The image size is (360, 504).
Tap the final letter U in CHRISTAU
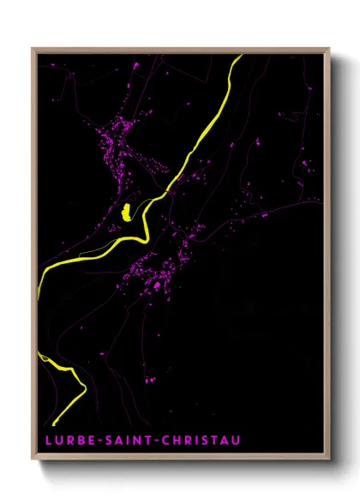[x=236, y=441]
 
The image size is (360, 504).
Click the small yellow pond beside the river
[x=126, y=211]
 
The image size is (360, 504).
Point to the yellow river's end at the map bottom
[x=54, y=424]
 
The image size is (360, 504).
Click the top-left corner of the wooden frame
[x=33, y=49]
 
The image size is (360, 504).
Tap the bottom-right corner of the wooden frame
[x=329, y=459]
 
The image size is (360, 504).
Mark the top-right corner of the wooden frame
[x=329, y=49]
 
